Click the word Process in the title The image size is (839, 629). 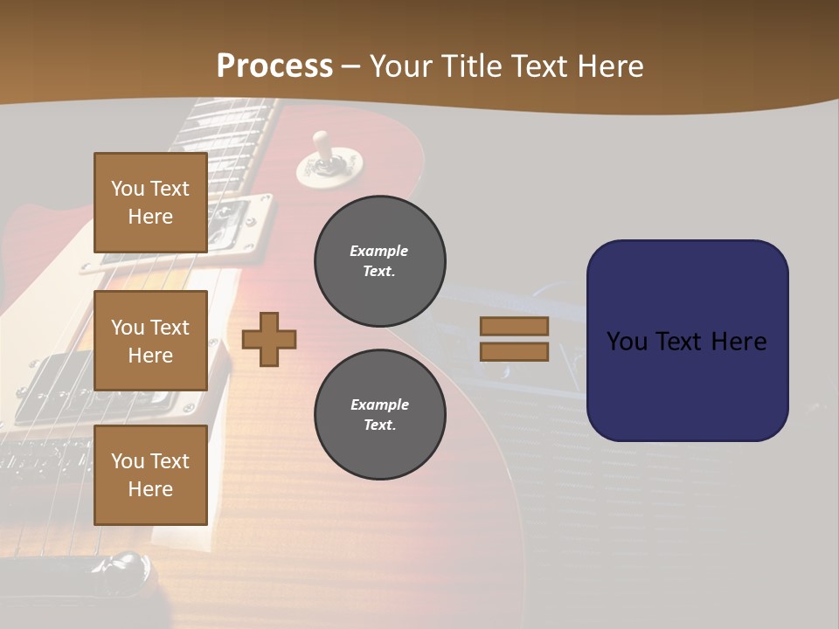click(274, 66)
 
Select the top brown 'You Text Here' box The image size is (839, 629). click(150, 203)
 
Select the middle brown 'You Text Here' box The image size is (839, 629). click(150, 341)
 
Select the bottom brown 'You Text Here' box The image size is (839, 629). click(150, 474)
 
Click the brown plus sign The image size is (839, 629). click(269, 339)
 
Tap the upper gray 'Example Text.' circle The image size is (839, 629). click(379, 261)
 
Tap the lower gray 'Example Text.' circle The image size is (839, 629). click(379, 415)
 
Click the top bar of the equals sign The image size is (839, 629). click(514, 326)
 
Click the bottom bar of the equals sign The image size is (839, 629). click(514, 352)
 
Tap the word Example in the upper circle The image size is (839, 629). click(379, 251)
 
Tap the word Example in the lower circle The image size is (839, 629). click(379, 404)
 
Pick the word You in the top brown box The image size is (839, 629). click(128, 189)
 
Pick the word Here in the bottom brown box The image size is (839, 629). click(150, 489)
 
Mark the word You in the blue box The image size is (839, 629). click(628, 342)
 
